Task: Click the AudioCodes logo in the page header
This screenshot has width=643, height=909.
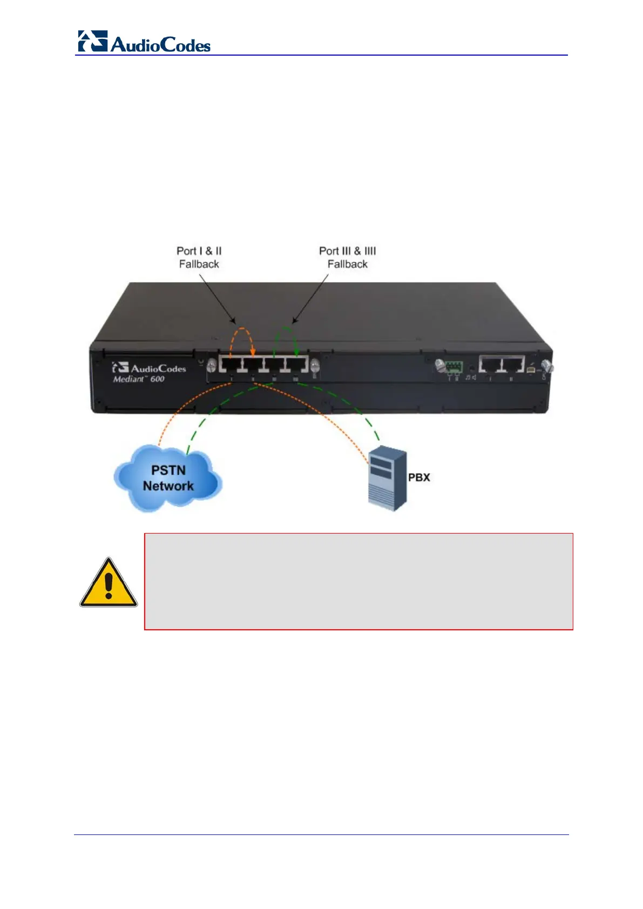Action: click(144, 42)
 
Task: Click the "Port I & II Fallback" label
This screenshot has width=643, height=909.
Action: click(199, 258)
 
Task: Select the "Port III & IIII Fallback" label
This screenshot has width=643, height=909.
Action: click(347, 258)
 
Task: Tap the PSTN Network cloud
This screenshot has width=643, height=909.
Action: click(168, 479)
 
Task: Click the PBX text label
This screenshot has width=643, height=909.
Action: click(419, 477)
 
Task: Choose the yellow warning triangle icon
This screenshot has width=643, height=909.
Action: click(109, 583)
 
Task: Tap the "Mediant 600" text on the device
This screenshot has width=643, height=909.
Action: click(139, 379)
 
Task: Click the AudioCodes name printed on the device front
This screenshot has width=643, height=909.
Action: click(158, 368)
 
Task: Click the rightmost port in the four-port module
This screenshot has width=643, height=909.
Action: click(297, 365)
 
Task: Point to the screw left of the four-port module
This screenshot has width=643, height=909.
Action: click(212, 366)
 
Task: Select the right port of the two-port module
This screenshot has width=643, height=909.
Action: click(513, 365)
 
